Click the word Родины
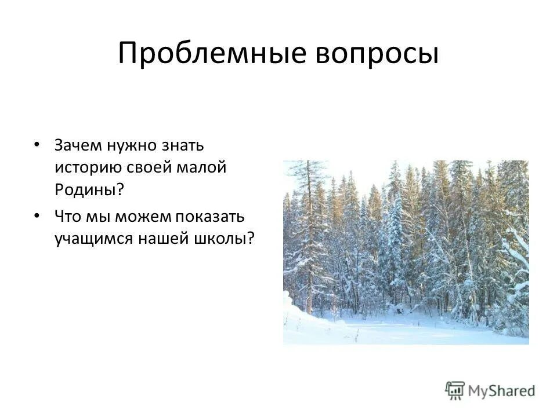87,190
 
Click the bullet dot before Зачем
37,144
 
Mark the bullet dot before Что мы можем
37,215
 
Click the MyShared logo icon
455,391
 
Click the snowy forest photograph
406,252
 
